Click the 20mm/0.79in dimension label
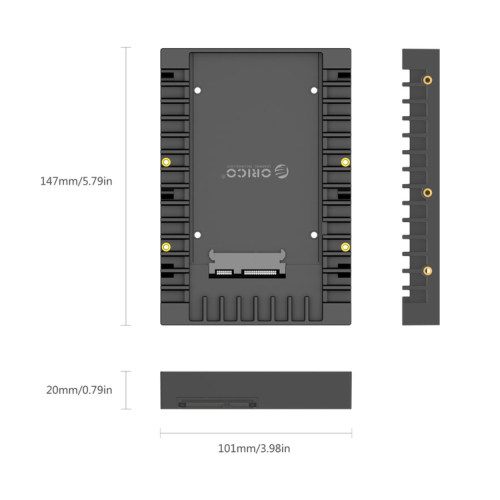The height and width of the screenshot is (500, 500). (x=79, y=390)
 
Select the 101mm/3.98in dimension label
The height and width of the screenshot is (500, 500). (x=254, y=448)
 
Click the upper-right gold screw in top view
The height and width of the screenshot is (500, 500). (x=345, y=162)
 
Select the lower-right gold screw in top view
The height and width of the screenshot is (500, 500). (x=345, y=247)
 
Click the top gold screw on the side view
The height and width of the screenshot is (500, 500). (x=427, y=80)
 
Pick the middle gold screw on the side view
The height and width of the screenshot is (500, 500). (x=427, y=193)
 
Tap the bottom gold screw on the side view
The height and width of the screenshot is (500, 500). (x=427, y=271)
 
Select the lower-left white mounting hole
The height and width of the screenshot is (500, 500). (x=197, y=235)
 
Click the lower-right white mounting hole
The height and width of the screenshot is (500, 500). (x=314, y=235)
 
